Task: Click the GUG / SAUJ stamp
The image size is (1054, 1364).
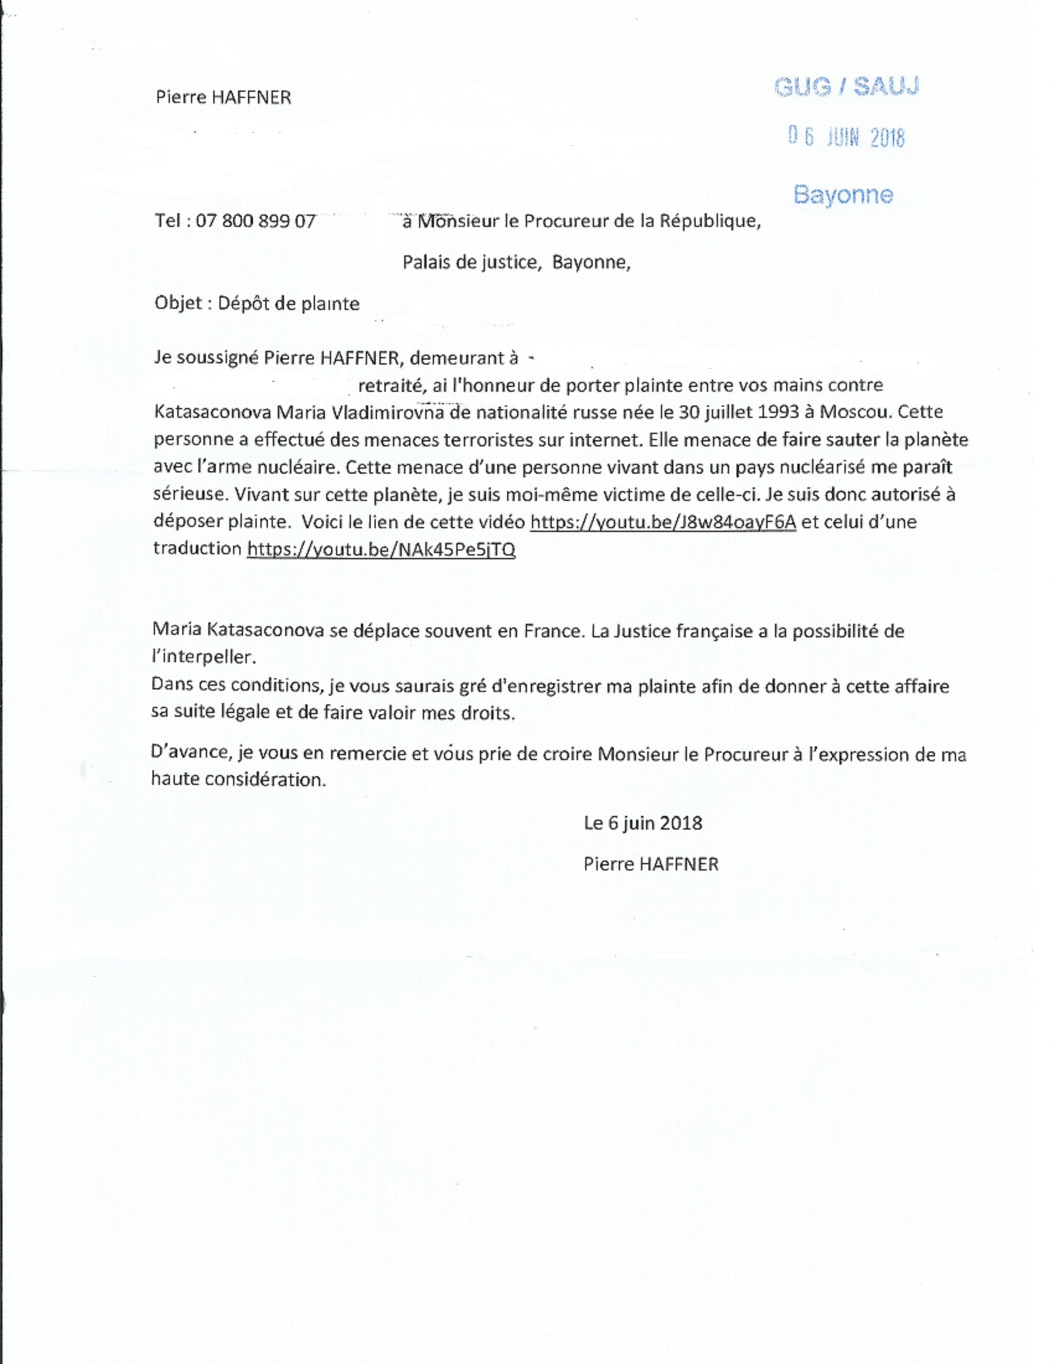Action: [846, 87]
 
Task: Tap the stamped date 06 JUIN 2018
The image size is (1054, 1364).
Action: [846, 136]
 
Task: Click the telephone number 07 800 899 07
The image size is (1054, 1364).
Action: [255, 221]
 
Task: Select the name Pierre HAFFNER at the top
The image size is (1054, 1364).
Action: [224, 97]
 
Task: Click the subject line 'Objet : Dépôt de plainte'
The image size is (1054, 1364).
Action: [257, 304]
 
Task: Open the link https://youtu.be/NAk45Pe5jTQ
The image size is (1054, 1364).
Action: [381, 549]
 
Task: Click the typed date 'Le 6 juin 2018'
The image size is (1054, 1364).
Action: [642, 823]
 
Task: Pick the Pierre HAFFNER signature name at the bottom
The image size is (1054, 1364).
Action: [651, 864]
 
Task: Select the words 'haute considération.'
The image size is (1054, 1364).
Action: [239, 779]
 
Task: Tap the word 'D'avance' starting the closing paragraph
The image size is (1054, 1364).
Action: [191, 753]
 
